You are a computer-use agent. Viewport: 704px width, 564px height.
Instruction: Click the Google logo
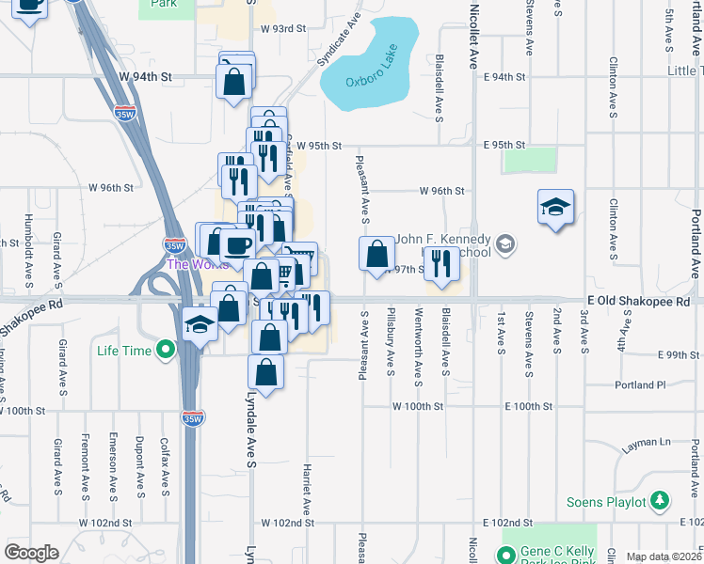pos(32,553)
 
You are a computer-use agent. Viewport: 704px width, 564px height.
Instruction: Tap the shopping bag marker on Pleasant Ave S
pos(376,253)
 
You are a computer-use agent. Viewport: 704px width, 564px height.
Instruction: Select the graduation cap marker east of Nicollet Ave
pos(556,206)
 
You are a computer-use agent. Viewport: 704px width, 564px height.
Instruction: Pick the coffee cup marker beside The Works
pos(237,244)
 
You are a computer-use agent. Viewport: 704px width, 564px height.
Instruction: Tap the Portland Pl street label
pos(640,384)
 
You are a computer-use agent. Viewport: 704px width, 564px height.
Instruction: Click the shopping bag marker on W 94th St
pos(235,80)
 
